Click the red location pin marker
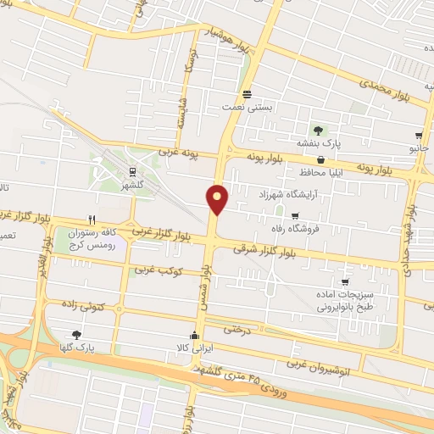[218, 198]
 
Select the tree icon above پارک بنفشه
[318, 130]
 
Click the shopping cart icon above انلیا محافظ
[320, 159]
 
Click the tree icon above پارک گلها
[77, 334]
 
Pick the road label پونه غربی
[176, 153]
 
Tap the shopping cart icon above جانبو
[419, 135]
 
